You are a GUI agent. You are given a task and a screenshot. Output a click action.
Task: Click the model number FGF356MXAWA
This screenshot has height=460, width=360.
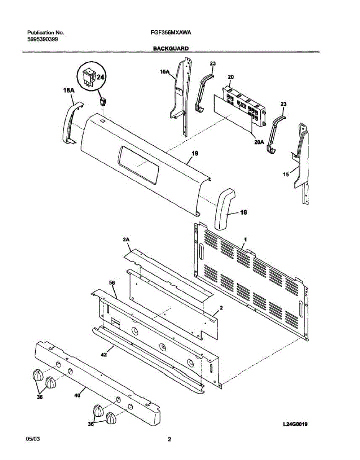tap(171, 33)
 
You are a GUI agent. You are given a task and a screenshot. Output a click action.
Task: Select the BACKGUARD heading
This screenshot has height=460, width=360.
tap(171, 49)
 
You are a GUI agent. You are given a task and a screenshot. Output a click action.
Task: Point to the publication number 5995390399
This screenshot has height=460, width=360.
tap(43, 39)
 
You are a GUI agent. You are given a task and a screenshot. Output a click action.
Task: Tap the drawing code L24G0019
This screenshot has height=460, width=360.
tap(296, 424)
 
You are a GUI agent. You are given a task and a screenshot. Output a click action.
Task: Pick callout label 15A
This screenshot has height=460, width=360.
tap(164, 71)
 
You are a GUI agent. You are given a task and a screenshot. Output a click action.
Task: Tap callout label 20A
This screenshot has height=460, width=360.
tap(260, 141)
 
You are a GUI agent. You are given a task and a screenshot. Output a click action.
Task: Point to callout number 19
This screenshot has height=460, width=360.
tap(195, 154)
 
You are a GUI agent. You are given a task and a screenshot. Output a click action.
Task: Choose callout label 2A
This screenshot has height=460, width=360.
tap(126, 240)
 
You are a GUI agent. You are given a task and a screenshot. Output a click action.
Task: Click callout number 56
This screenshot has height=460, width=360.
tap(112, 283)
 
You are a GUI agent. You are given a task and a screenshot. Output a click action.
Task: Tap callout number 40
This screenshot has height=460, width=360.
tap(77, 396)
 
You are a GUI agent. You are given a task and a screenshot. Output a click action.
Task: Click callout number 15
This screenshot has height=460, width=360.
tap(286, 174)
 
